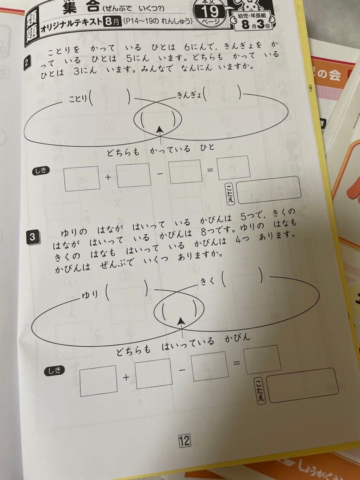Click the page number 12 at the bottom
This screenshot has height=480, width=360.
coord(184,440)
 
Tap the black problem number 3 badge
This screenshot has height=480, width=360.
coord(32,237)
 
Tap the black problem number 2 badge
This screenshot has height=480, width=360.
coord(28,63)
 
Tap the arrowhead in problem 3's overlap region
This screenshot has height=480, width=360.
coord(180,320)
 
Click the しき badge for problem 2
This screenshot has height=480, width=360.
coord(41,170)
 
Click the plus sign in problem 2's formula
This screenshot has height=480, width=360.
coord(108,177)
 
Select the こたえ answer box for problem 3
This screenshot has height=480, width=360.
coord(301,385)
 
